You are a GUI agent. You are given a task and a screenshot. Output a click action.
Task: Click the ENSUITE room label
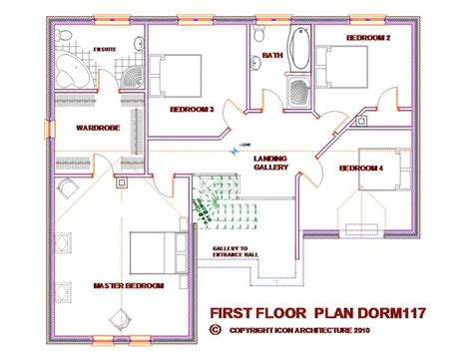104,48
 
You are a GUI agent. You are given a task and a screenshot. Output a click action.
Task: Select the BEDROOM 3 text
193,109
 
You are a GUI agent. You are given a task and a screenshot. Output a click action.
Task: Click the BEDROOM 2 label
367,38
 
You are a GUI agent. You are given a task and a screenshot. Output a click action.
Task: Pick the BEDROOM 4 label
361,168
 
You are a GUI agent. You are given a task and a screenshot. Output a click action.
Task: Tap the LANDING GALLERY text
271,164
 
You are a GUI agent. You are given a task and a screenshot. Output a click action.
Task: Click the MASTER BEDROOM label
129,286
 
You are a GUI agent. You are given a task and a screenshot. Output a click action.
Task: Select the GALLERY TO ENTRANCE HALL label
235,254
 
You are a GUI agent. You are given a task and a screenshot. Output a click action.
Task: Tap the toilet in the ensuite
62,36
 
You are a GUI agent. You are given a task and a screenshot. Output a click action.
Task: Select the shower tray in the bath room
297,90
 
